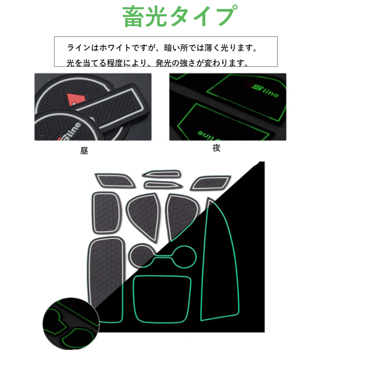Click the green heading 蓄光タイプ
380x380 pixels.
tap(180, 16)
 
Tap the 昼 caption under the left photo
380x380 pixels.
tap(84, 150)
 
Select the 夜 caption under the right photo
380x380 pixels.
tap(216, 148)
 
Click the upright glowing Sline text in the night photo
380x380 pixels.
tap(265, 91)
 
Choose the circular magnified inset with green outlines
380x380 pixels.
tap(71, 324)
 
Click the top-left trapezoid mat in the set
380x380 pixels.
tap(115, 181)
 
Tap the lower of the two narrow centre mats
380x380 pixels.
tap(163, 185)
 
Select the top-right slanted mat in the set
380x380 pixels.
tap(210, 183)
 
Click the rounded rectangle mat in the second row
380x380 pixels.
tap(106, 212)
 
